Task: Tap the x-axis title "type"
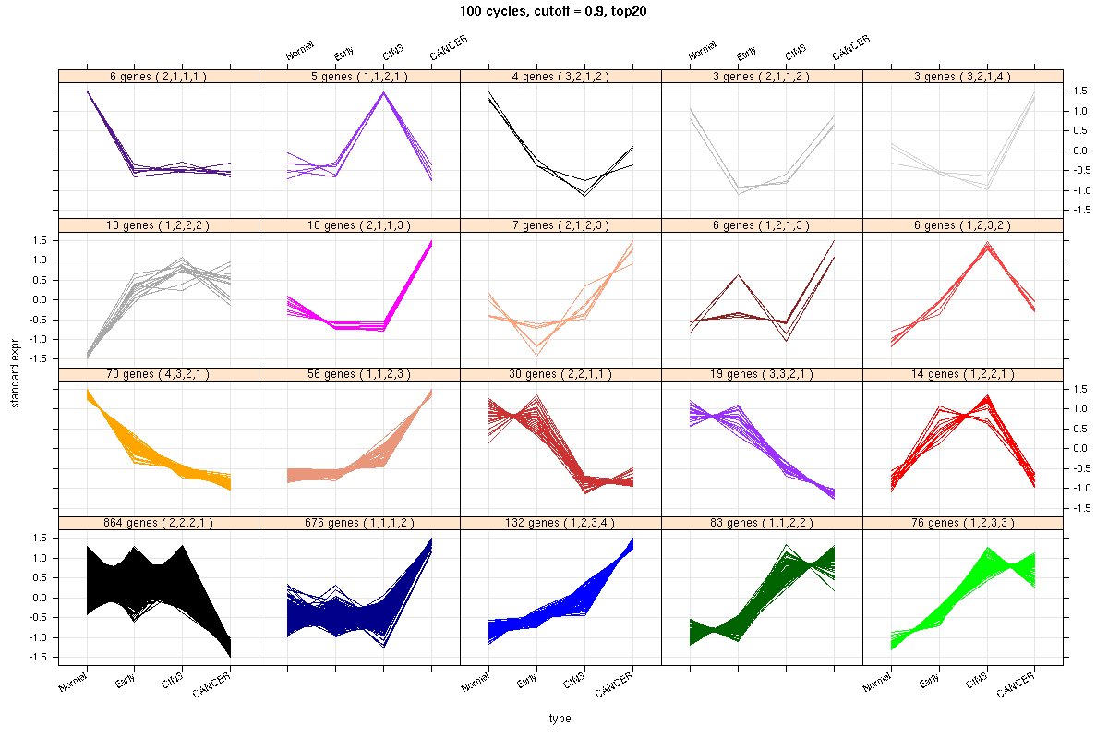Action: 560,718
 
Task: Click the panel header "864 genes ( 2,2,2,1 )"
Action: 158,524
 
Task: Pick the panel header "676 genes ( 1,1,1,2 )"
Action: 359,524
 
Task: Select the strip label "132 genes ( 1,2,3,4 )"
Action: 560,524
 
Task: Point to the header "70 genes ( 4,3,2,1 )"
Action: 158,374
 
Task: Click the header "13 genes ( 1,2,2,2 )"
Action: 158,225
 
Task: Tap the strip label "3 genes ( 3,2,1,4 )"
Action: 962,77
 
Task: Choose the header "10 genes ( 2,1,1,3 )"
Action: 359,225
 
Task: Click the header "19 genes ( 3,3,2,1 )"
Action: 762,374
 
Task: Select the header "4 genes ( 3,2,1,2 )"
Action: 560,77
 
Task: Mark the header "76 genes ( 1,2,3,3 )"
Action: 962,524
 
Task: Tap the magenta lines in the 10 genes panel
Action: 360,324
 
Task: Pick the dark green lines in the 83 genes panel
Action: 763,600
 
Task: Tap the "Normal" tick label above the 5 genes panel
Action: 301,50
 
